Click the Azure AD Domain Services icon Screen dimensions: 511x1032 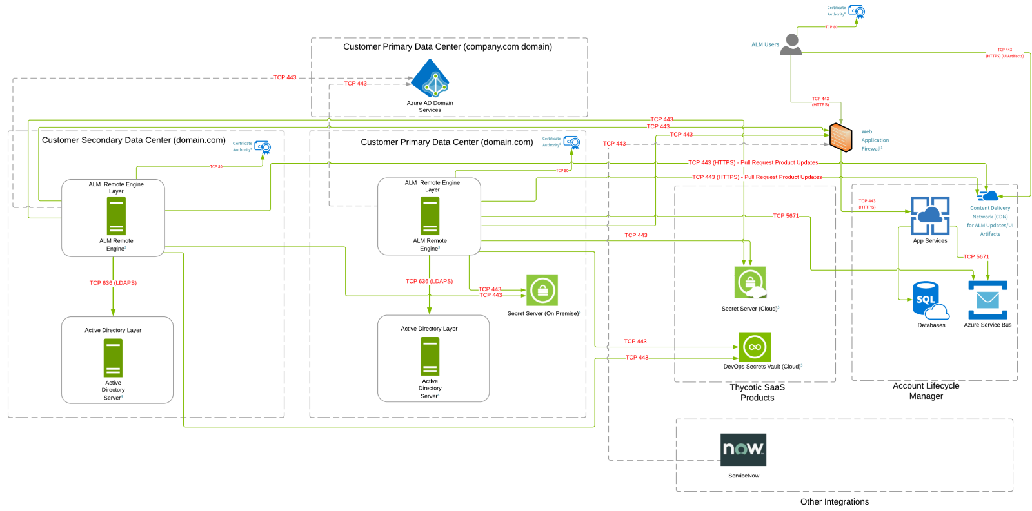click(430, 79)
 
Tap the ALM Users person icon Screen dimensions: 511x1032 click(791, 44)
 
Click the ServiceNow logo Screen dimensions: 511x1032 click(743, 449)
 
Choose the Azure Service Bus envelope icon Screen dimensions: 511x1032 click(987, 300)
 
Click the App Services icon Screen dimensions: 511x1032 click(929, 216)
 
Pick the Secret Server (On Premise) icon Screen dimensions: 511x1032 click(542, 291)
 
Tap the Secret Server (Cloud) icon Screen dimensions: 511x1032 click(750, 282)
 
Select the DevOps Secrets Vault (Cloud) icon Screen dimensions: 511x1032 click(755, 347)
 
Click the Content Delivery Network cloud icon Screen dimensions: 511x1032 click(987, 195)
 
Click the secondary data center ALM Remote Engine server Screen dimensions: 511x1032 click(116, 216)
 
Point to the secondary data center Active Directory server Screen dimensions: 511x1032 click(113, 358)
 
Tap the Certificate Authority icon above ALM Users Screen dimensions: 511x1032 click(857, 12)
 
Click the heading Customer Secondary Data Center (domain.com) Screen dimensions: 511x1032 click(134, 140)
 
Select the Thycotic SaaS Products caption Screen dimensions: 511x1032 click(757, 392)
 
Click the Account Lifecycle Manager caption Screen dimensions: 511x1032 click(926, 391)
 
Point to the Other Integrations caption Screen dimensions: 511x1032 click(834, 502)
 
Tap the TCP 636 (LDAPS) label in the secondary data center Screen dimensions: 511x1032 click(113, 283)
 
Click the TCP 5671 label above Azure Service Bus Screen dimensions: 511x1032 click(976, 256)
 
